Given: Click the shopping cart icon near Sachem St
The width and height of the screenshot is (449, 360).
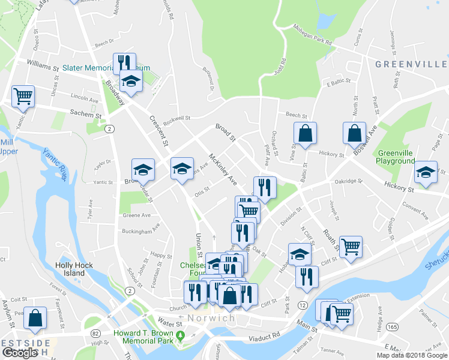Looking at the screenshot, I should pyautogui.click(x=23, y=95).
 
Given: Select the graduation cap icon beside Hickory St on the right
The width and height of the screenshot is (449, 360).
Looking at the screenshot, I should pyautogui.click(x=426, y=172).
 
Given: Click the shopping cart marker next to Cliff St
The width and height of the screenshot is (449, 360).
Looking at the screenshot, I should pyautogui.click(x=351, y=245).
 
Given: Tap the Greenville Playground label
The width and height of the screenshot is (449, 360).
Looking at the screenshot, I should pyautogui.click(x=396, y=157).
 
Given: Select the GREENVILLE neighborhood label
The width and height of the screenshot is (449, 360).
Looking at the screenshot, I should pyautogui.click(x=411, y=64).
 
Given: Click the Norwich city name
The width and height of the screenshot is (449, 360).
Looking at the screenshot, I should pyautogui.click(x=210, y=318).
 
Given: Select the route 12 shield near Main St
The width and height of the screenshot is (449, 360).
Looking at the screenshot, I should pyautogui.click(x=303, y=305).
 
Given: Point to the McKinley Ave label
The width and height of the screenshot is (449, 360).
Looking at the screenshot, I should pyautogui.click(x=223, y=170).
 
